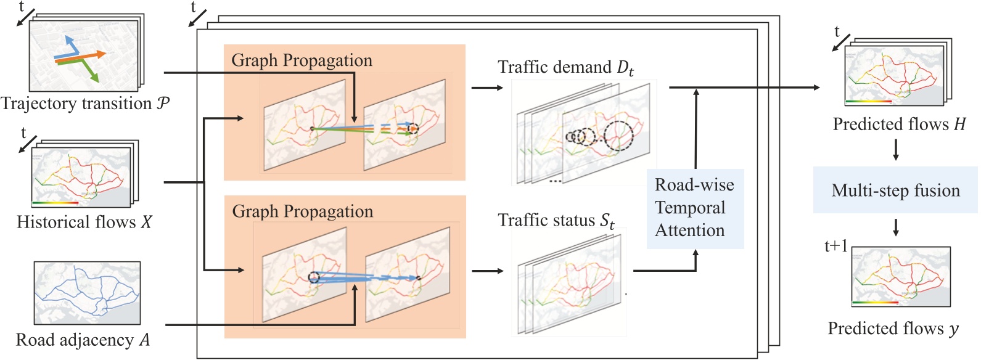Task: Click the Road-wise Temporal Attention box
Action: pos(695,208)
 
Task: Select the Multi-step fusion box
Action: pos(895,190)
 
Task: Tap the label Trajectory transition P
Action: pos(85,104)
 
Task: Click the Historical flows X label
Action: pos(84,222)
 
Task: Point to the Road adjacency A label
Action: pos(83,340)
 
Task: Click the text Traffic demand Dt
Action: pos(565,67)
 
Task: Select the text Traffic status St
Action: pos(556,221)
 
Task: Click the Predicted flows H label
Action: pos(899,125)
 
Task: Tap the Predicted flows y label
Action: pos(893,329)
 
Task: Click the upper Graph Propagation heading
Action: pos(302,60)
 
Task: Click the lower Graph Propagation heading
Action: pos(302,211)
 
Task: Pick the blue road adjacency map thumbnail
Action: pos(87,292)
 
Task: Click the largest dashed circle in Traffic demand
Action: pos(618,136)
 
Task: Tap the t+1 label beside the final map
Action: pos(835,247)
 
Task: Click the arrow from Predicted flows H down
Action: pos(896,150)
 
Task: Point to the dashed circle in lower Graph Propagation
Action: pos(314,277)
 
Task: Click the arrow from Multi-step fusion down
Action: pos(896,227)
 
